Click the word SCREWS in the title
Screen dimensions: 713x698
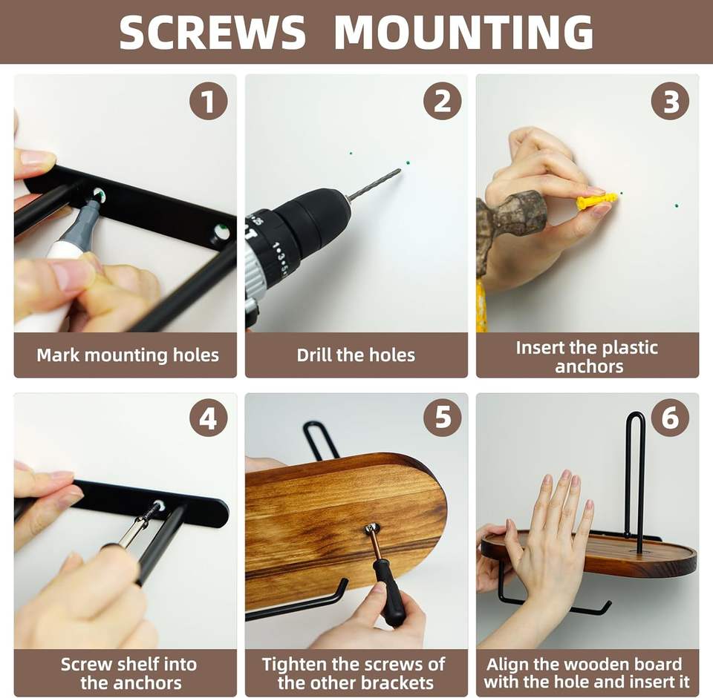pos(212,32)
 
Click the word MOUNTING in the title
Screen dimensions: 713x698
pos(463,32)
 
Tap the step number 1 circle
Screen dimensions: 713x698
pos(208,101)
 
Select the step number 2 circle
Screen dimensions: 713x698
pos(442,101)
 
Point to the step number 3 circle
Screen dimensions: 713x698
pos(670,101)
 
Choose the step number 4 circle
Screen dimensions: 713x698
pos(208,418)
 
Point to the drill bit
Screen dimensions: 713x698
pos(374,183)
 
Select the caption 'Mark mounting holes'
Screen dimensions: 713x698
pos(128,355)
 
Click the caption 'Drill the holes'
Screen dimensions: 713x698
pos(356,355)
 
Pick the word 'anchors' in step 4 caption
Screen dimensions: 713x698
pos(131,682)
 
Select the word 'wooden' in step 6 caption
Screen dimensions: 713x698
pos(596,664)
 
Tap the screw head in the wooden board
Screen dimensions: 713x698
pos(372,527)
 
